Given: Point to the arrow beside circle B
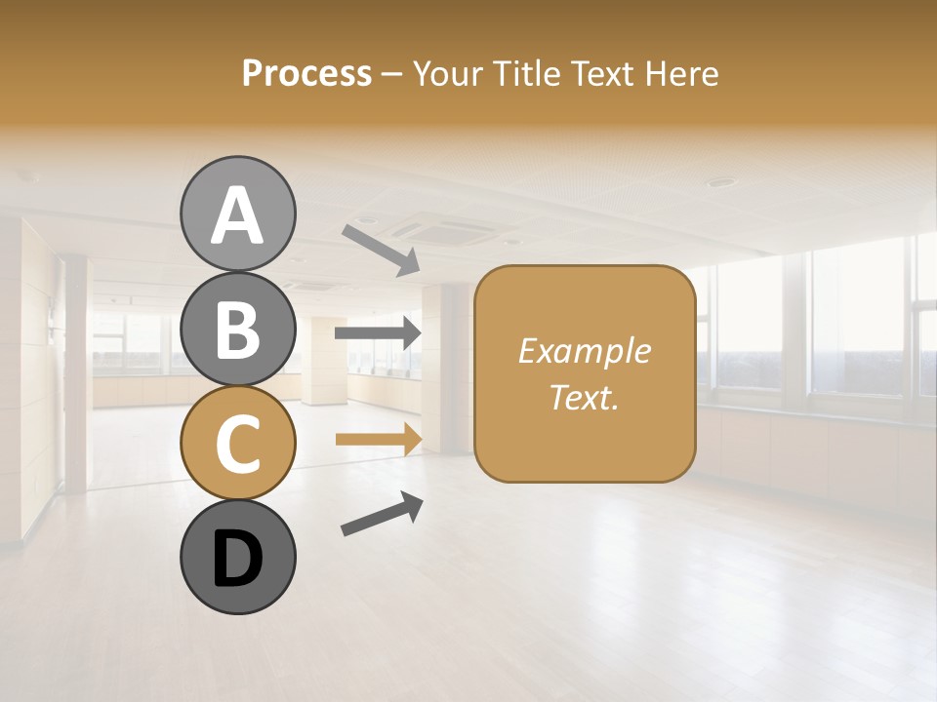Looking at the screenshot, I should (378, 333).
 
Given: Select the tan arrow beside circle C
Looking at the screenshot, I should (378, 439).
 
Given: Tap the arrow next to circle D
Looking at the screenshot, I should (382, 514).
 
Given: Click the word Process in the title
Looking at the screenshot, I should (306, 73).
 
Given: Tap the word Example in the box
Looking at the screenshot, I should (584, 351).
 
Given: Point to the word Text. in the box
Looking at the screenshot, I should (584, 397).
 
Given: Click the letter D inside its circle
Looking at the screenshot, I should (237, 561).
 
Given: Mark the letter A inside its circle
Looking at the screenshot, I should (237, 216).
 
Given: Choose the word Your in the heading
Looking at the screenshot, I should (448, 73).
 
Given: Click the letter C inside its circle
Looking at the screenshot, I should (237, 444).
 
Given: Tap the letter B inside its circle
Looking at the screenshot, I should (237, 330).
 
